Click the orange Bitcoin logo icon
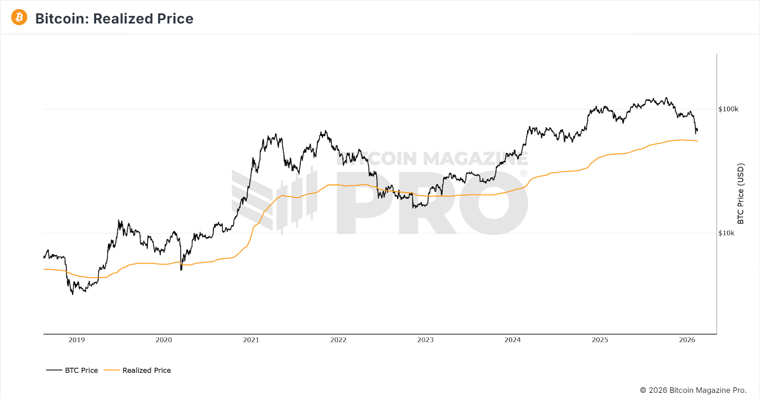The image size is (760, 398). [19, 17]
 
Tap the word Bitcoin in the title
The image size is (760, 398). [62, 19]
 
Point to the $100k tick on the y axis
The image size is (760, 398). [728, 109]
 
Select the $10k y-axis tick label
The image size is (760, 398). [726, 233]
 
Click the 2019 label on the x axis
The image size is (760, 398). [76, 340]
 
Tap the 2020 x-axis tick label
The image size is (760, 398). [164, 340]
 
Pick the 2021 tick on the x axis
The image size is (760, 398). [251, 340]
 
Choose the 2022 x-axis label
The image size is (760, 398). [338, 340]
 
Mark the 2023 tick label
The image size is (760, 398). [426, 340]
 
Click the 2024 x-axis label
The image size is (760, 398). [513, 340]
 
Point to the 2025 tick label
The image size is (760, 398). [600, 340]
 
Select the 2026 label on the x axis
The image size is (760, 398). [687, 340]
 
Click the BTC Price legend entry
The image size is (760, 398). [72, 370]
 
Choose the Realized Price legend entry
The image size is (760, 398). [137, 370]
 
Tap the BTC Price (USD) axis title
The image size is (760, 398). [741, 194]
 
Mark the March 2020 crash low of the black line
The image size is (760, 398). [181, 270]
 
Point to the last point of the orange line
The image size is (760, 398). [697, 141]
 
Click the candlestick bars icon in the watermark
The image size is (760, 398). [297, 200]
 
